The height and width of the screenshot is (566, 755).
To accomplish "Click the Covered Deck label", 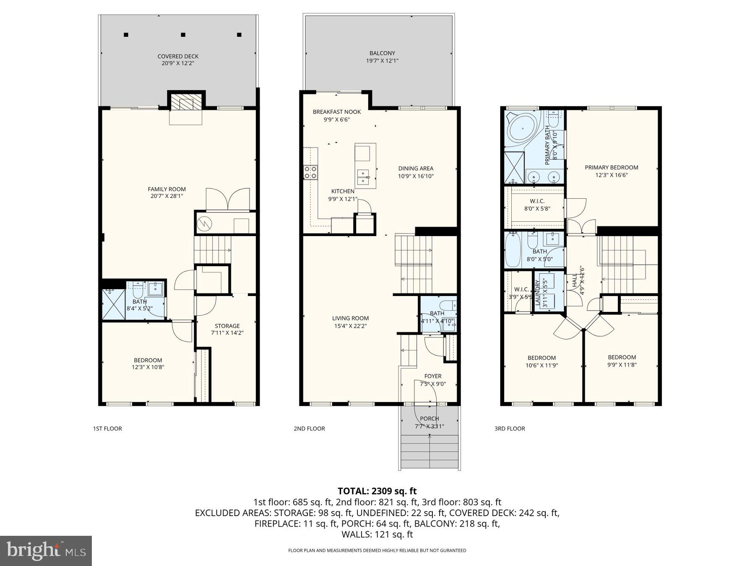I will click(178, 56).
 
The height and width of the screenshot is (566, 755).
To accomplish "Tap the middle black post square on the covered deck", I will click(183, 35).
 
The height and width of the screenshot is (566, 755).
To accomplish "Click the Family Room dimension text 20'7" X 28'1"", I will click(167, 196).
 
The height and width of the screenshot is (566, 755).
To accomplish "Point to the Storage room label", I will click(227, 326).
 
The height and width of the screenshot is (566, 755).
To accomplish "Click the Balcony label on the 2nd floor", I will click(382, 53).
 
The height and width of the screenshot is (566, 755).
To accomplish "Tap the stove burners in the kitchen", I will click(311, 172).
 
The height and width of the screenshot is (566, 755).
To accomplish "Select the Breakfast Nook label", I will click(336, 112).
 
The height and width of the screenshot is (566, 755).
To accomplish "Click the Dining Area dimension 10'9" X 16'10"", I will click(416, 177).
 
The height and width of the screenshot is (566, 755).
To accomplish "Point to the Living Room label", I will click(350, 318).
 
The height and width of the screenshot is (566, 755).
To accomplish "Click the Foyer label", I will click(432, 376).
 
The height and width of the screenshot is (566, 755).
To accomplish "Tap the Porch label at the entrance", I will click(429, 418).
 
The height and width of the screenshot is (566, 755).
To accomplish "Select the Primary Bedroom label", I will click(611, 167).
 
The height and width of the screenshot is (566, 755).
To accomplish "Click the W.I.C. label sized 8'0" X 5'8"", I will click(537, 201).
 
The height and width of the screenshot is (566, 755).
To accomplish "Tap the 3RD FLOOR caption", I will click(510, 428).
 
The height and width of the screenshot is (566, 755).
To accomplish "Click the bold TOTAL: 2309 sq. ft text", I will click(377, 491).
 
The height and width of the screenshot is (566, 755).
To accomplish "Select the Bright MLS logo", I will click(46, 550).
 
